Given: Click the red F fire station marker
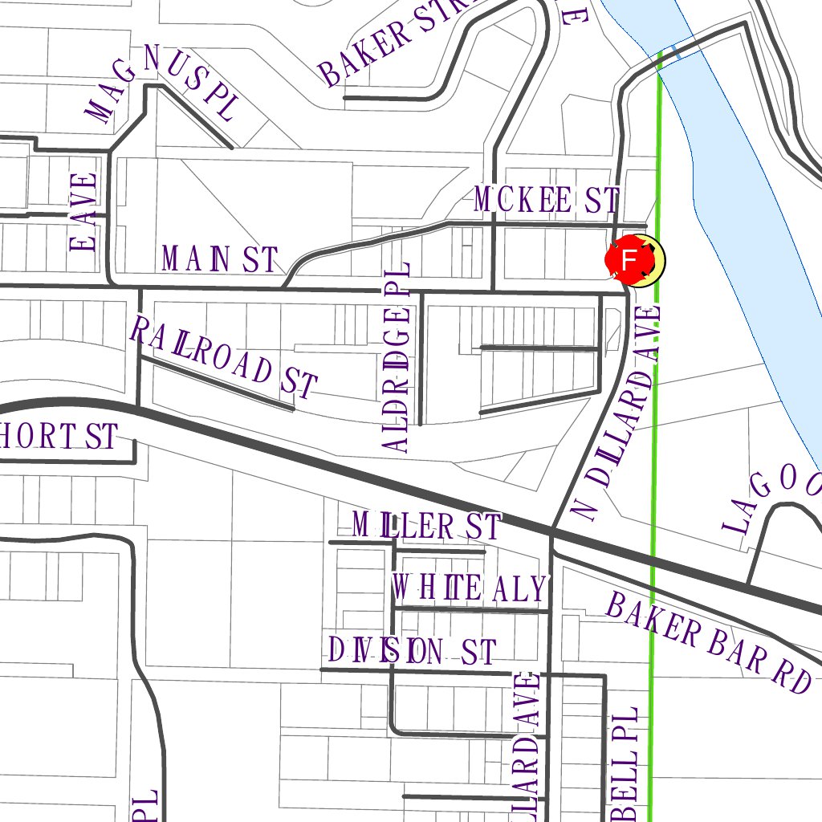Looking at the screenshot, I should pos(630,260).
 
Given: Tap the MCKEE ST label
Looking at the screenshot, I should pos(546,200).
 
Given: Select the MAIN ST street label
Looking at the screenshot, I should pos(219,259).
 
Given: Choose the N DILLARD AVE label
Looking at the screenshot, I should pos(616,413).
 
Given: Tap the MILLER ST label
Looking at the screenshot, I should pos(426,527).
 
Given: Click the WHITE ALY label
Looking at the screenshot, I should pos(469,588).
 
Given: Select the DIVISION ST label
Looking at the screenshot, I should pos(413,650).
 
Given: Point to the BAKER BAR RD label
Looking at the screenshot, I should pos(708,642).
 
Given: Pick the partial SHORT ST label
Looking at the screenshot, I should pos(59,437).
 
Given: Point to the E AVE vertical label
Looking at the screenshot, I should pos(83,212).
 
